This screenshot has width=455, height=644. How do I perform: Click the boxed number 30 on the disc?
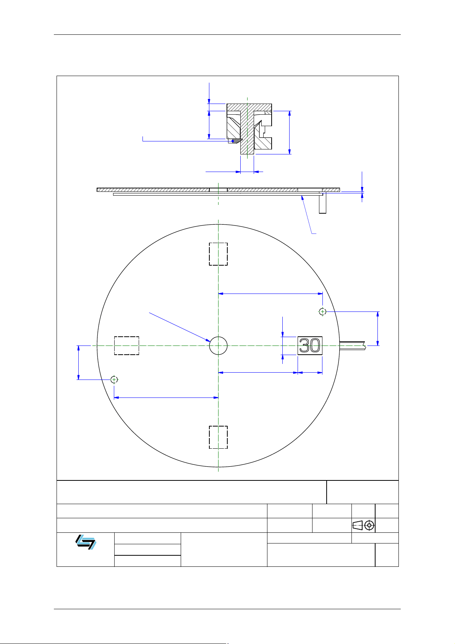coord(310,346)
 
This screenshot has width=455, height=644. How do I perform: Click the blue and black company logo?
coord(86,542)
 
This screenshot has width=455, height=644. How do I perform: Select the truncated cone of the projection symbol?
coord(358,526)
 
